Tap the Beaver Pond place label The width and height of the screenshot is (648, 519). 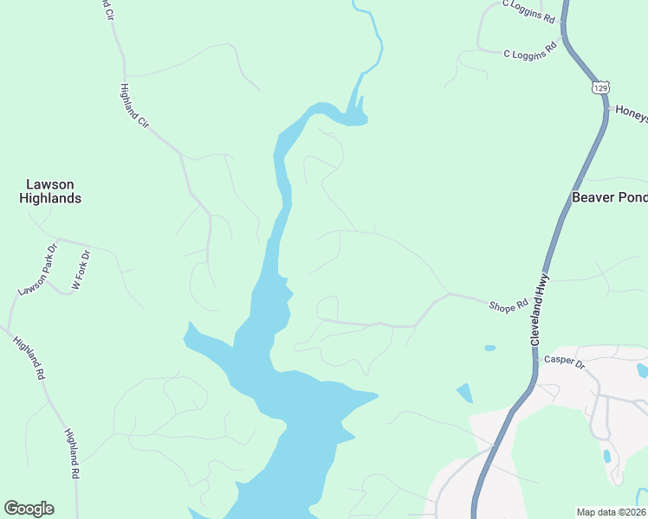pyautogui.click(x=609, y=197)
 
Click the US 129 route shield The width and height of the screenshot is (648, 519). pyautogui.click(x=601, y=88)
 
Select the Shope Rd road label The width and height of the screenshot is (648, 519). pyautogui.click(x=509, y=305)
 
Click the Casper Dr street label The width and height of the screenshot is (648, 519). pyautogui.click(x=565, y=361)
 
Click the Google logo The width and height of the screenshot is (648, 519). pyautogui.click(x=29, y=509)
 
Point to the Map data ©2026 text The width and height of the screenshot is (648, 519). pyautogui.click(x=611, y=512)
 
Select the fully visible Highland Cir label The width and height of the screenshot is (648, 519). pyautogui.click(x=135, y=106)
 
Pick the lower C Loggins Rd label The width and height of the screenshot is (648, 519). pyautogui.click(x=529, y=53)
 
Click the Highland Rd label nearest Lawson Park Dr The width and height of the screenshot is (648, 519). pyautogui.click(x=28, y=358)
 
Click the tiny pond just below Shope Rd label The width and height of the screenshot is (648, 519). pyautogui.click(x=490, y=348)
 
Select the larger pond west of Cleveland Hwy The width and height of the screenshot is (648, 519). pyautogui.click(x=465, y=393)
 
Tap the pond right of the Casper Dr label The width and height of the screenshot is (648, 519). pyautogui.click(x=641, y=370)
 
